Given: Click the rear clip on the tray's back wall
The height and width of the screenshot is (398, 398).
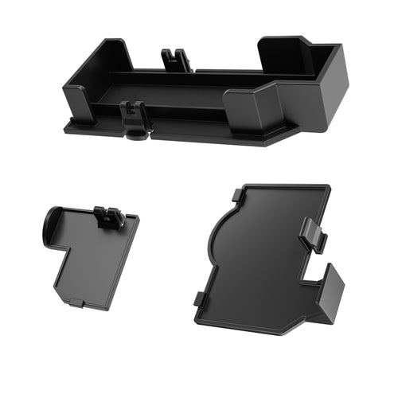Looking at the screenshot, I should click(x=177, y=58).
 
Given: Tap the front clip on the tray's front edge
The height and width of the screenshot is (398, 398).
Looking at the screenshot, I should click(x=136, y=114).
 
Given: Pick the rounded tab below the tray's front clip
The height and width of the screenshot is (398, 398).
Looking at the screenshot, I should click(x=137, y=133).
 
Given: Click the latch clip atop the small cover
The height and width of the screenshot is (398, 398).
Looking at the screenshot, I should click(x=107, y=217).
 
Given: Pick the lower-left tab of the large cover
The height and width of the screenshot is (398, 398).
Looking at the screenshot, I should click(x=198, y=299).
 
